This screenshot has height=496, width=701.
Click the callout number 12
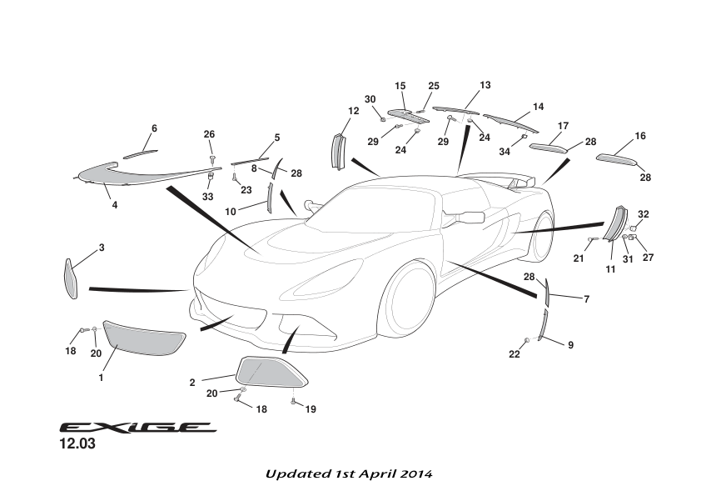(353, 111)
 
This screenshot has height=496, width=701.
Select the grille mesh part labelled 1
(143, 338)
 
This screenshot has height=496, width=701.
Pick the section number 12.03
(77, 445)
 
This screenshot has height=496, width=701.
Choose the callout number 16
(640, 136)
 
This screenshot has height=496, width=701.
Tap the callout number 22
(515, 354)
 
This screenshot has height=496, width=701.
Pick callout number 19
(311, 409)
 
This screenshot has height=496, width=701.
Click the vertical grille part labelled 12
(338, 150)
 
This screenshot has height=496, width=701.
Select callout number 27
(648, 258)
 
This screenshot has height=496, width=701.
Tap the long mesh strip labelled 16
(620, 159)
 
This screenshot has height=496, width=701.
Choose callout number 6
(154, 128)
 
